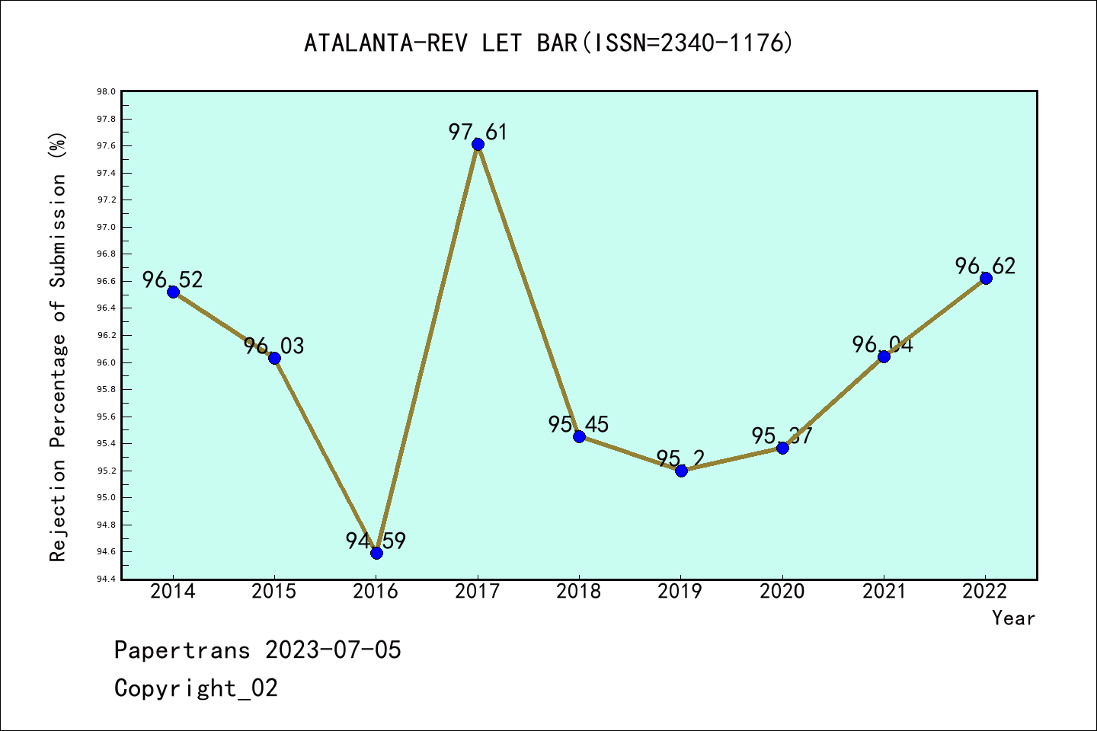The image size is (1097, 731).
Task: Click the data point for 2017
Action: coord(478,144)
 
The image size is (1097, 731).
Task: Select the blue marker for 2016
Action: coord(376,553)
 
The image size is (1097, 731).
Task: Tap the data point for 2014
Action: coord(173,292)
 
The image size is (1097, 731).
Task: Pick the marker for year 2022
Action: coord(986,278)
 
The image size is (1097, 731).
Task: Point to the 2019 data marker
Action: coord(681,471)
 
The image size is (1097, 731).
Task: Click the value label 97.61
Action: coord(478,132)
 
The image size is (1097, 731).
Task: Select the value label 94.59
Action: coord(376,541)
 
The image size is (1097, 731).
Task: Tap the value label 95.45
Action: coord(578,424)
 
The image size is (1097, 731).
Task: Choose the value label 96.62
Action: coord(985,266)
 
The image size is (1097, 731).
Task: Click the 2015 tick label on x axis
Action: coord(274,592)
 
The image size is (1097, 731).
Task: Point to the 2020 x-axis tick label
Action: coord(782,592)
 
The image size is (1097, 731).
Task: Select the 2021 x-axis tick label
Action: coord(884,592)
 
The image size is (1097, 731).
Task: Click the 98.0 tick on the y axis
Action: coord(106,92)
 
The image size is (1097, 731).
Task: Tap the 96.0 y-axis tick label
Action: coord(106,362)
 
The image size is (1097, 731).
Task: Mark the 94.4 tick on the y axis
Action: coord(106,579)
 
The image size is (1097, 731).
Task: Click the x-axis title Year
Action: coord(1013,618)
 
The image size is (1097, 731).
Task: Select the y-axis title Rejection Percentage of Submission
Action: coord(58,347)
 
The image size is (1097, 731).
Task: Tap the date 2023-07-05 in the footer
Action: coord(333,650)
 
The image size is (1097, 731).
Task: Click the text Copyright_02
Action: coord(196,688)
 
